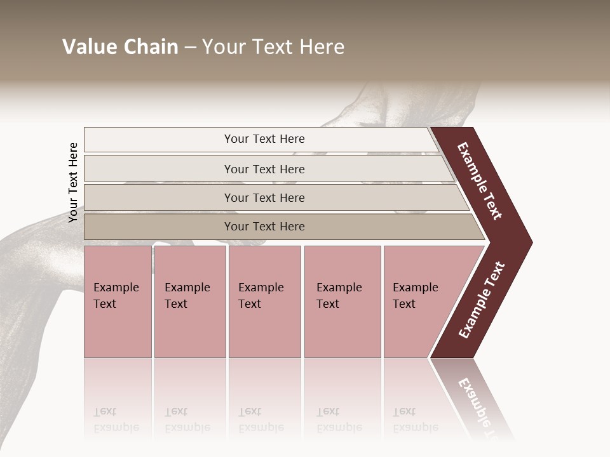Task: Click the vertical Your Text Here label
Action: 73,182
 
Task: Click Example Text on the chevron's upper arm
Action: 480,181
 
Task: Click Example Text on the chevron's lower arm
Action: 481,300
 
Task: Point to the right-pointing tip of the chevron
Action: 529,242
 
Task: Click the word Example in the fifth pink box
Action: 415,288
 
